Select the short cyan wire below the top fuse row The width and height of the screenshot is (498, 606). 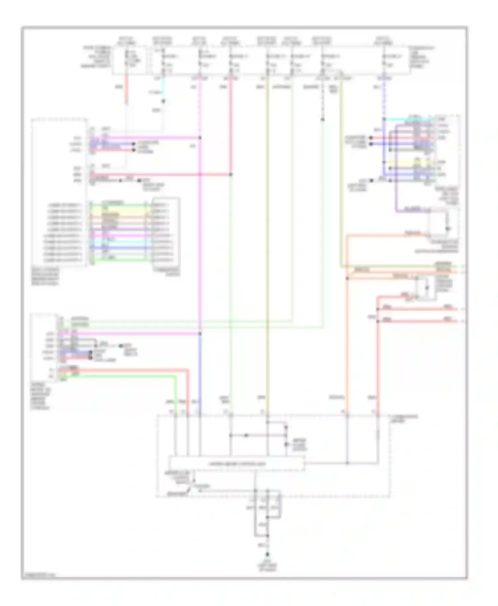[163, 90]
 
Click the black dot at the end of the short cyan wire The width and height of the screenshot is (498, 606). [163, 101]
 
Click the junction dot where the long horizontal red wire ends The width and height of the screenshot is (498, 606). [231, 174]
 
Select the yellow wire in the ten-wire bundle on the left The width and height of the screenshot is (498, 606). [120, 211]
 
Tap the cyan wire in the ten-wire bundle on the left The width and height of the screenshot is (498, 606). [120, 242]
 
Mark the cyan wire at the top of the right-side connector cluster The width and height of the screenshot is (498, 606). [408, 119]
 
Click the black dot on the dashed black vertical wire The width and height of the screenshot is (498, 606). [322, 119]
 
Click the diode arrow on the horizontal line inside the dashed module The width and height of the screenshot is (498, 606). [246, 435]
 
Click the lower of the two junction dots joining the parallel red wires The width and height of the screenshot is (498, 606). [378, 321]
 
